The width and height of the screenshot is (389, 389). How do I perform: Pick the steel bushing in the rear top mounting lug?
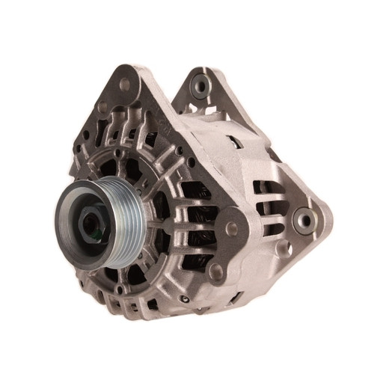point(200,86)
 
